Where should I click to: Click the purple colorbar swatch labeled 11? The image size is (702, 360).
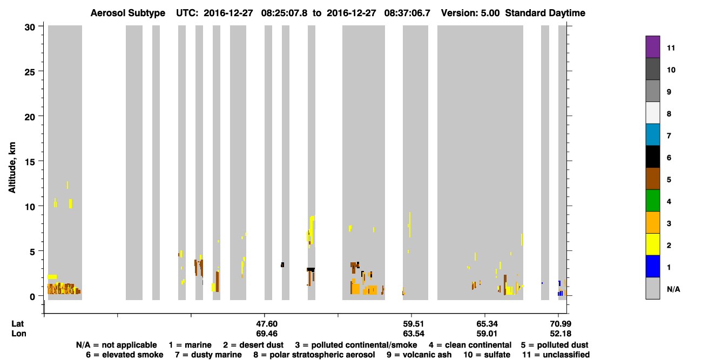(x=652, y=47)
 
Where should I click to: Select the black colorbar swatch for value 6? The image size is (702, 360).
(x=652, y=157)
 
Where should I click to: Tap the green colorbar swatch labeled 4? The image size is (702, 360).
(x=652, y=201)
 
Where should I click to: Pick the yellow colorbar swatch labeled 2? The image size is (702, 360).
(x=652, y=244)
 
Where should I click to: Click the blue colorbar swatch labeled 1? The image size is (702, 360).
(x=652, y=266)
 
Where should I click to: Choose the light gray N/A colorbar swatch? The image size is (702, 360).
(x=652, y=288)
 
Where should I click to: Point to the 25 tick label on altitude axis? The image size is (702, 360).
(x=30, y=72)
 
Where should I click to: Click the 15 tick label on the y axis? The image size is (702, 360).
(x=30, y=162)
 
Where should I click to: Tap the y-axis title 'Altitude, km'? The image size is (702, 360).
(x=12, y=167)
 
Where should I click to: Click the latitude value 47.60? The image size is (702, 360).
(x=267, y=324)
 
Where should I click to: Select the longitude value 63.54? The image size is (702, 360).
(x=414, y=334)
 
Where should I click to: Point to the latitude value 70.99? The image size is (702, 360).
(x=561, y=324)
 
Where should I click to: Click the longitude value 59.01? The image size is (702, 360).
(x=487, y=334)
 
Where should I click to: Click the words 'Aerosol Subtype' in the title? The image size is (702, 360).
(x=128, y=13)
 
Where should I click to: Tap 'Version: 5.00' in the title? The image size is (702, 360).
(x=470, y=13)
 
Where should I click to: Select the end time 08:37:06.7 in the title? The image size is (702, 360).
(x=407, y=13)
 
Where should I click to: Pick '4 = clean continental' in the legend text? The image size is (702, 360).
(x=470, y=345)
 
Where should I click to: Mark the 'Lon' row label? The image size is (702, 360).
(x=19, y=334)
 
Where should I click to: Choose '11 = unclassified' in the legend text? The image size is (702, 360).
(x=556, y=355)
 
